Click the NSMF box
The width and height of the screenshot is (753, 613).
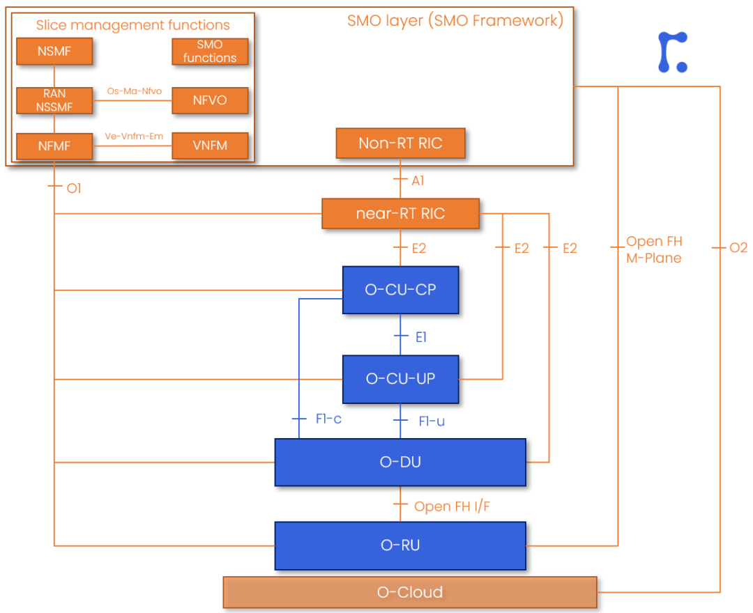[54, 52]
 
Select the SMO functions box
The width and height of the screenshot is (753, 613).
[210, 52]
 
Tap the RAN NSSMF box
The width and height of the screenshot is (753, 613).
[54, 100]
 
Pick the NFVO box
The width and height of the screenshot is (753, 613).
[210, 100]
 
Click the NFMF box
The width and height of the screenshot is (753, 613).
[54, 146]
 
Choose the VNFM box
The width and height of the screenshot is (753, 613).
[210, 146]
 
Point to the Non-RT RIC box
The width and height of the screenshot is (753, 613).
[400, 143]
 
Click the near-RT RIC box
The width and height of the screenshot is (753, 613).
[400, 213]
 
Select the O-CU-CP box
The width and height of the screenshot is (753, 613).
[400, 290]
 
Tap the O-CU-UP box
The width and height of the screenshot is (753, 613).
[400, 379]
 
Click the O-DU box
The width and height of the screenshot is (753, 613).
[400, 462]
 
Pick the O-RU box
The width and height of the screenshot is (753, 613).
[400, 545]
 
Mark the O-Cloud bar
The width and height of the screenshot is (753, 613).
[410, 592]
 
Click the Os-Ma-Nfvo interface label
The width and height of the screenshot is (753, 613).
[135, 91]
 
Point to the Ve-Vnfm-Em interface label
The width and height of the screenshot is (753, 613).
[134, 137]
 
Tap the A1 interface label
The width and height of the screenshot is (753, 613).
[418, 181]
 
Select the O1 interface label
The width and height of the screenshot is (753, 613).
[74, 188]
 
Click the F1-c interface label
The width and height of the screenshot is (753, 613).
[328, 419]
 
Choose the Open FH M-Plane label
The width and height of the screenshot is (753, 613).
[654, 249]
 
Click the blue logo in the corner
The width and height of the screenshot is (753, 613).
[672, 52]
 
